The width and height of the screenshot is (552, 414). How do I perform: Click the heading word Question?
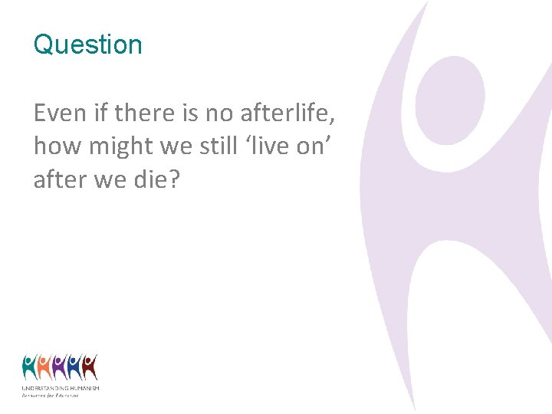coord(87,44)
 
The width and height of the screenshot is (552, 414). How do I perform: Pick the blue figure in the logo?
coord(74,367)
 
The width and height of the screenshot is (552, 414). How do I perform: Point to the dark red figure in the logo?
coord(90,367)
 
